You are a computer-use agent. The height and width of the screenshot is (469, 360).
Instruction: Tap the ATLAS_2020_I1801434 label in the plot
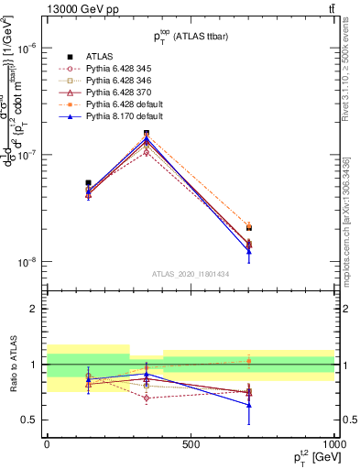190,275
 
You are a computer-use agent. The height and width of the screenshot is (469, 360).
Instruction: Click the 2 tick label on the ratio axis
35,309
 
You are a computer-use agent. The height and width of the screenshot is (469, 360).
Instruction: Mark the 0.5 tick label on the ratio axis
31,420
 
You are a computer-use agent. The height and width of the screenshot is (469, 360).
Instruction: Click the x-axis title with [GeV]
312,458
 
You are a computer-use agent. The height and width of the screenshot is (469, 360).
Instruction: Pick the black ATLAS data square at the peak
147,134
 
